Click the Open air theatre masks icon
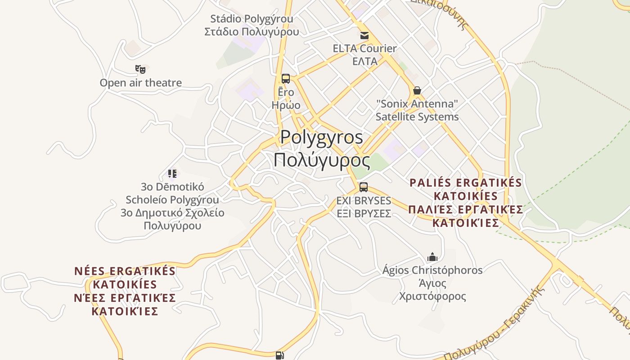[140, 69]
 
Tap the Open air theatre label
[141, 83]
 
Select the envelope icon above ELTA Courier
[364, 35]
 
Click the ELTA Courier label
[364, 49]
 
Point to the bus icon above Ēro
[286, 78]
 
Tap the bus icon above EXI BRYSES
[364, 187]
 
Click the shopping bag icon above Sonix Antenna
[417, 90]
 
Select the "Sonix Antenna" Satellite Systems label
[417, 110]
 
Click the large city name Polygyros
[322, 137]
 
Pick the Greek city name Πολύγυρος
[322, 160]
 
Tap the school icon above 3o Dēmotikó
[172, 173]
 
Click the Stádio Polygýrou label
[252, 19]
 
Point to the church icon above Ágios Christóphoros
[432, 257]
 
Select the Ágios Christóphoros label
[432, 270]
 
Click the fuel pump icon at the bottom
[279, 355]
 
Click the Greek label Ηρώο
[286, 105]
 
